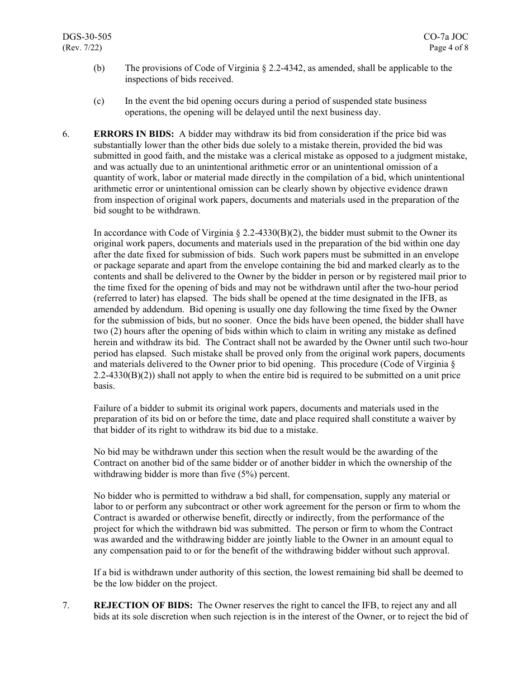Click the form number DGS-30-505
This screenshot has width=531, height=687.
coord(87,37)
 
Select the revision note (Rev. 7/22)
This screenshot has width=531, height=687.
coord(82,47)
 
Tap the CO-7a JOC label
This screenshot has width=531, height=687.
coord(445,37)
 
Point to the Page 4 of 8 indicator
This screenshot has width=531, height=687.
coord(448,47)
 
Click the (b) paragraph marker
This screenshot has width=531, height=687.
coord(99,68)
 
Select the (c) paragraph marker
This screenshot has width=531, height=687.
coord(99,101)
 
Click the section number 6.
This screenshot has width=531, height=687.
coord(66,134)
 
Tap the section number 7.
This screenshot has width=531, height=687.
coord(66,605)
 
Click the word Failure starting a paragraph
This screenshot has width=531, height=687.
coord(107,408)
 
